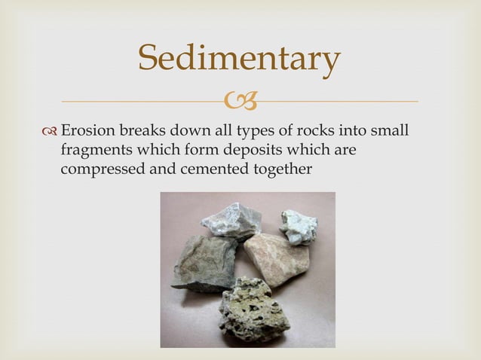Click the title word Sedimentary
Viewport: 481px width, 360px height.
click(240, 61)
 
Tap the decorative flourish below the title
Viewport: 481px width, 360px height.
click(240, 102)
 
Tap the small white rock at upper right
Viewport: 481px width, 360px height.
click(299, 225)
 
